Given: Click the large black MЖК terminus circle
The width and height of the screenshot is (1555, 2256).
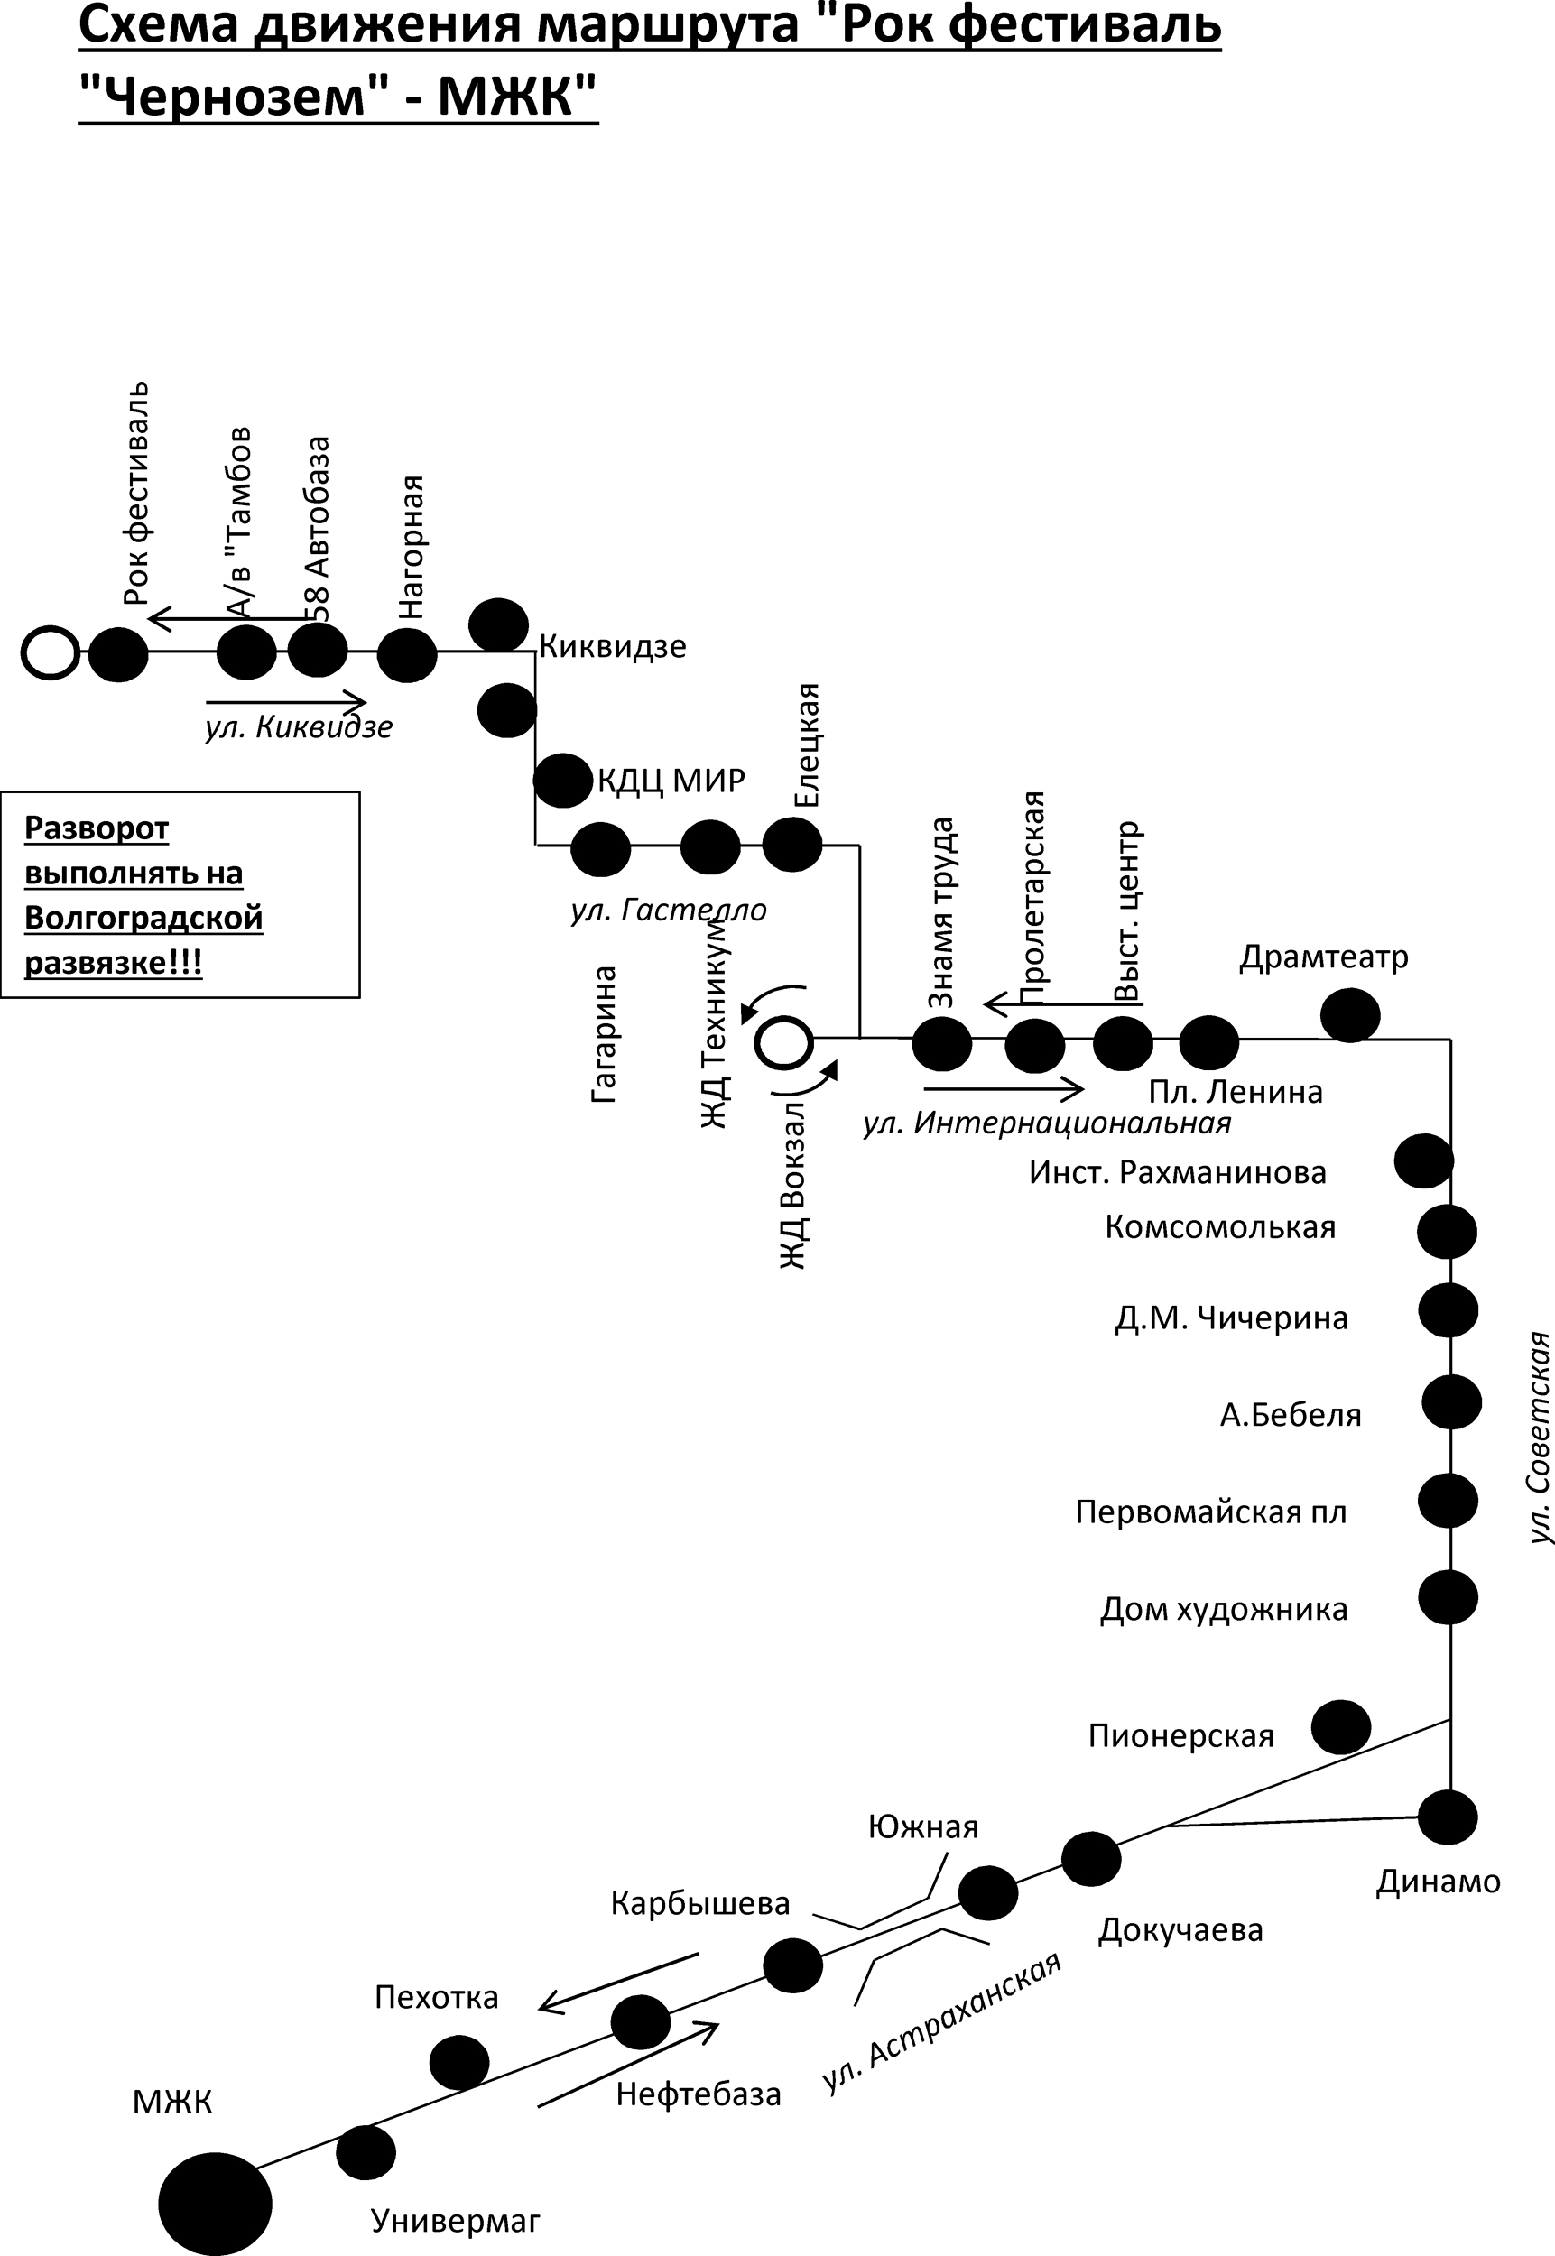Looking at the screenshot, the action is coord(216,2205).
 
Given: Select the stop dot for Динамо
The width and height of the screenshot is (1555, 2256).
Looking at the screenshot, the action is coord(1447,1817).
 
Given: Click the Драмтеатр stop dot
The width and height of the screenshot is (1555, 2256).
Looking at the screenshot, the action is coord(1350,1015).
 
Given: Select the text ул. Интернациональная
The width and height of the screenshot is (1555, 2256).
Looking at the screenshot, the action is coord(1046,1123).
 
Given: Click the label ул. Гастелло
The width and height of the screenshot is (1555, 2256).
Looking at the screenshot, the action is coord(669,910).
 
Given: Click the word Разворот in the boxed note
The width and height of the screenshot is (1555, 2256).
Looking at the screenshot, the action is coord(97,829).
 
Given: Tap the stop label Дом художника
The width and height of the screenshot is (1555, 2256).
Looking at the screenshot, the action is coord(1224,1609).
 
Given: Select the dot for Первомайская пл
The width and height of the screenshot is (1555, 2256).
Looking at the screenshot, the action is coord(1448,1500).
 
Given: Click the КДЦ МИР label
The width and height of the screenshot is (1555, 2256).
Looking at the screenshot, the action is coord(671,781).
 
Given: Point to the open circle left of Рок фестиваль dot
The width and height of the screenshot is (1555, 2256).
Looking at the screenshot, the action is coord(50,652).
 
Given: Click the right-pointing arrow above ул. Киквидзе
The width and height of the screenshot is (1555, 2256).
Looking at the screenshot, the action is coord(286,701).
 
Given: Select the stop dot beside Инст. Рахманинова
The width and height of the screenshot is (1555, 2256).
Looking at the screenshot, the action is coord(1423,1161).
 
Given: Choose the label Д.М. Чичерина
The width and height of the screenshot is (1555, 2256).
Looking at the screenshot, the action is coord(1232,1318).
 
